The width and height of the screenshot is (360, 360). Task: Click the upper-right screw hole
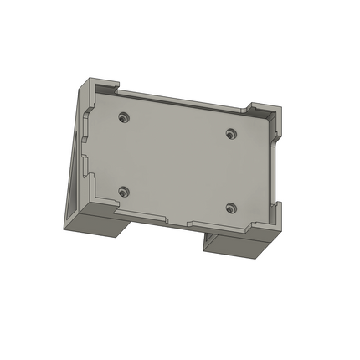(x=232, y=132)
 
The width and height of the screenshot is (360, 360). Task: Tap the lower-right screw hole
(x=232, y=206)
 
